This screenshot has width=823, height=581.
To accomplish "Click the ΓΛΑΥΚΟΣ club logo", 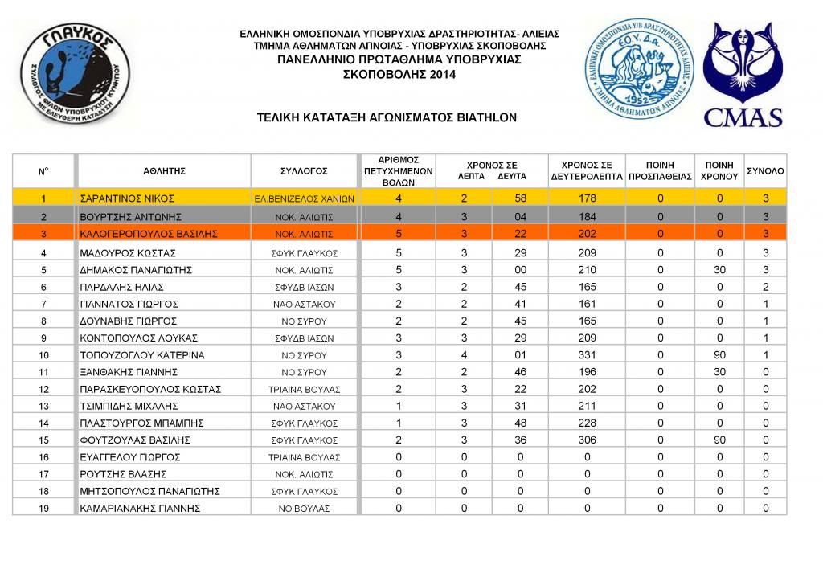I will (x=75, y=73).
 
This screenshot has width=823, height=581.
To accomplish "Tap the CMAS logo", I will (x=743, y=74).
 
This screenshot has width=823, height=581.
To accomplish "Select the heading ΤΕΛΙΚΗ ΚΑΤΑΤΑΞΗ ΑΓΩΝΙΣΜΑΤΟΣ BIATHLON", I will (x=387, y=117).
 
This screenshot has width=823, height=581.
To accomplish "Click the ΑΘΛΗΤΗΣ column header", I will (x=165, y=171).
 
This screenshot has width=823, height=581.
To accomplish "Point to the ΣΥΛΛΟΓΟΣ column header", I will (x=304, y=171).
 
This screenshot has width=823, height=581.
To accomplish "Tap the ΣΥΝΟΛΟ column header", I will (x=765, y=171).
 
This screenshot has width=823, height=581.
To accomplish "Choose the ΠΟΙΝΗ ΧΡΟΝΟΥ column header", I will (x=719, y=171).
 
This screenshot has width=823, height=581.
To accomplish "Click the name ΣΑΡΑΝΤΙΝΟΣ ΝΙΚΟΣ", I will (x=128, y=198).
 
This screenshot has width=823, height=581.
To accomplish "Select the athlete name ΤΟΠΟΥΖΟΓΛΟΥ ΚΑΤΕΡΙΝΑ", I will (x=142, y=355).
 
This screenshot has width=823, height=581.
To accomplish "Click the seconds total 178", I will (x=587, y=198).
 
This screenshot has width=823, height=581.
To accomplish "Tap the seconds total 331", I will (x=587, y=355).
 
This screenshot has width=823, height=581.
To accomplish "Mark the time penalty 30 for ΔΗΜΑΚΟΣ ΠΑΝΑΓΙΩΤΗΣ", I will (x=719, y=270).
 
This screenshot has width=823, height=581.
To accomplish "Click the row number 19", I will (x=43, y=509).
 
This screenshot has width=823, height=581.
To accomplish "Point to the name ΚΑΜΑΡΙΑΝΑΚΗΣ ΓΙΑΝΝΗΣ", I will (x=140, y=509).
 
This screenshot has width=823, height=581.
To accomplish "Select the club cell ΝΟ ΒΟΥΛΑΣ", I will (x=304, y=509).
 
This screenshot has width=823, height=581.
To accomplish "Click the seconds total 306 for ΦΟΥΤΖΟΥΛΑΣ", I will (x=587, y=440).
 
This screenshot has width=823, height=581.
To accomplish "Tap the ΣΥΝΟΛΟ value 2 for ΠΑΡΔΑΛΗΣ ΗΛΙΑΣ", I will (x=765, y=287).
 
